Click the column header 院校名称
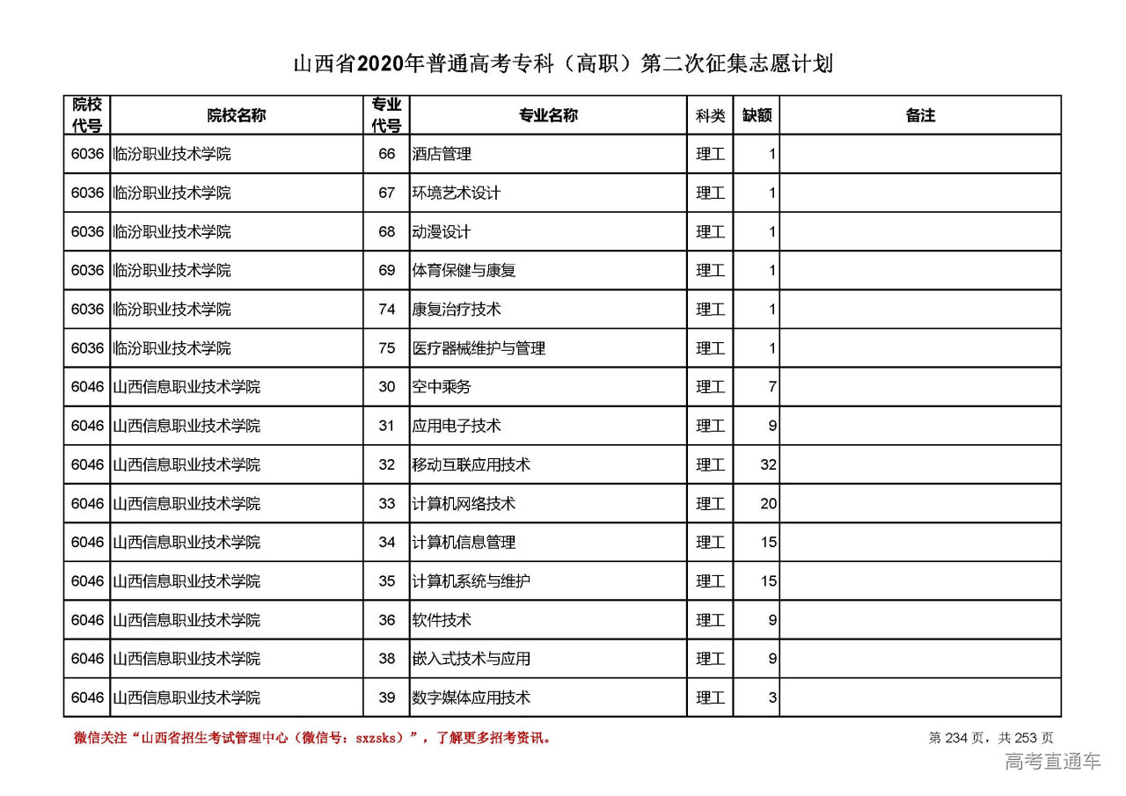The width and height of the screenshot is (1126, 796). (237, 115)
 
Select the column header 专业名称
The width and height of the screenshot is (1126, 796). (548, 115)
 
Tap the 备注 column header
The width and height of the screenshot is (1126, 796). (920, 115)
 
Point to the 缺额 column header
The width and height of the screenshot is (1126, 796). (757, 115)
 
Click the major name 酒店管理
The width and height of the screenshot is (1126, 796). (442, 154)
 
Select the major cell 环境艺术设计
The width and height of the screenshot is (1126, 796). (457, 193)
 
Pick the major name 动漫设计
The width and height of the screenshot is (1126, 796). (442, 232)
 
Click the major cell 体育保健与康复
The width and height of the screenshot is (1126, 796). (464, 271)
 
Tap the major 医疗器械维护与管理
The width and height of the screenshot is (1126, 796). (479, 348)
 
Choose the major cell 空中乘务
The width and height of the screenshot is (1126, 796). (442, 387)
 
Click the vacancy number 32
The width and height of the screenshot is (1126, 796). (768, 464)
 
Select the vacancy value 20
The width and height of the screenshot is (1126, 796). (768, 504)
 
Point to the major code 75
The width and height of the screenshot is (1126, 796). (387, 348)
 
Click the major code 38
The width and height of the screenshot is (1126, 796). (387, 659)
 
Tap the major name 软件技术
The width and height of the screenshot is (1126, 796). (442, 620)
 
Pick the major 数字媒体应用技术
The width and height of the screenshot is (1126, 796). (472, 697)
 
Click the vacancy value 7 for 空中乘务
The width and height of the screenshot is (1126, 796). (771, 387)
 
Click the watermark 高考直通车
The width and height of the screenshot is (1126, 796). (1052, 762)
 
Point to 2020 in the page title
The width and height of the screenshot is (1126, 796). (381, 64)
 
